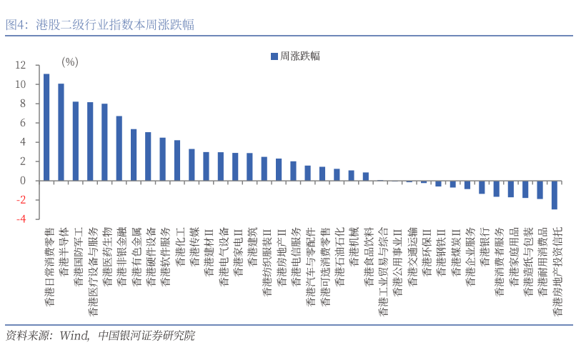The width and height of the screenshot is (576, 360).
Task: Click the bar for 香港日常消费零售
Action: click(x=46, y=127)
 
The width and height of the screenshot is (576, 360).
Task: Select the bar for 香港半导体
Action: click(x=61, y=132)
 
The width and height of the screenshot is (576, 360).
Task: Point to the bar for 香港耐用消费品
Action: click(x=540, y=189)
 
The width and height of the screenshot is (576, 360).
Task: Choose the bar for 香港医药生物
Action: click(x=104, y=142)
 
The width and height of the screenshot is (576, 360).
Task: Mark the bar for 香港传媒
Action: click(x=192, y=165)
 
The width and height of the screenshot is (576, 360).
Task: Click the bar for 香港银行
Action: click(x=482, y=187)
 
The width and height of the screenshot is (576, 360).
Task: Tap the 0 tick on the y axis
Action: click(x=24, y=181)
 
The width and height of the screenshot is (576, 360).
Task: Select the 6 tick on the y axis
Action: click(x=24, y=123)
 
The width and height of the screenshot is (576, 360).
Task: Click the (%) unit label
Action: click(x=69, y=61)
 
